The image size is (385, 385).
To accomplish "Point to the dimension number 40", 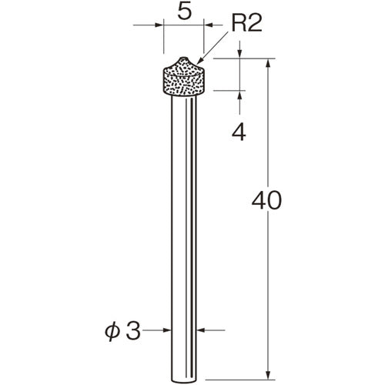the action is tap(266, 200).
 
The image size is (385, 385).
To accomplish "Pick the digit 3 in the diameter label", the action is tap(133, 330).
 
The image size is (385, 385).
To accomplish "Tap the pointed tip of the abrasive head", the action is tap(182, 58).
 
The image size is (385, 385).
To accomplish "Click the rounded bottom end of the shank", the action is tap(184, 380).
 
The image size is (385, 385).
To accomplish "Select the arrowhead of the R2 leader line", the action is tap(199, 61).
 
